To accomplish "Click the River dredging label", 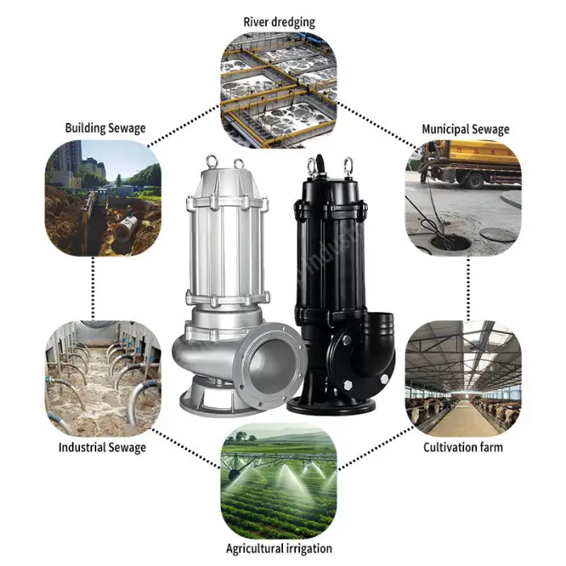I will tap(279, 22).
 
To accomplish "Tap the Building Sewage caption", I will tap(105, 128).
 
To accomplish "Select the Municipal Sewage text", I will tap(465, 129).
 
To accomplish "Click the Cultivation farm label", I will tap(463, 447).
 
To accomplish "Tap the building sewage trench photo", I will tap(103, 198).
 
